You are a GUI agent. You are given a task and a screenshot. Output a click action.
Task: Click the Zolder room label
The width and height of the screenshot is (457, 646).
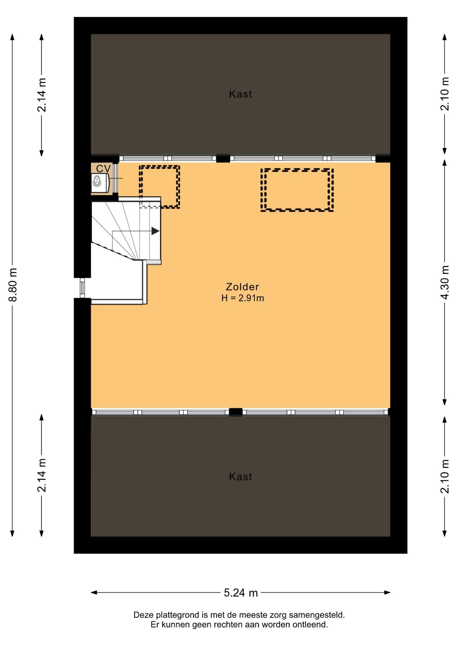(242, 287)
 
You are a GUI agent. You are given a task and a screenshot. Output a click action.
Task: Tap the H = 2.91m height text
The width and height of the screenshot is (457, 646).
(243, 298)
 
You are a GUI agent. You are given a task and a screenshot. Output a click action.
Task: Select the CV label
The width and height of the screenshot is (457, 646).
(103, 169)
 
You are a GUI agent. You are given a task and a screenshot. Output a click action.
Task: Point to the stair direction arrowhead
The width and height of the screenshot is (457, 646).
(155, 231)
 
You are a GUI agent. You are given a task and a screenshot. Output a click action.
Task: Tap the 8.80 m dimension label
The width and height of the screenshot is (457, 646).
(13, 285)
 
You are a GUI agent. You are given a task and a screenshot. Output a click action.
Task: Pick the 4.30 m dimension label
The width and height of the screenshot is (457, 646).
(445, 283)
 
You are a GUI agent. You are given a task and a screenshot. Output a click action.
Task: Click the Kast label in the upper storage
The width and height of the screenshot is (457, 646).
(240, 94)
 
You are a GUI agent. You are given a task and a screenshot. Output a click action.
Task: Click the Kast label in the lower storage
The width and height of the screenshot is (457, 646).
(240, 477)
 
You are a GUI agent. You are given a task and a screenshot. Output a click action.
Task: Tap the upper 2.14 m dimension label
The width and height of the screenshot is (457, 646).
(42, 95)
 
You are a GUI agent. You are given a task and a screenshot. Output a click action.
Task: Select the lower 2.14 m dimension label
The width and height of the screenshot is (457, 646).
(42, 475)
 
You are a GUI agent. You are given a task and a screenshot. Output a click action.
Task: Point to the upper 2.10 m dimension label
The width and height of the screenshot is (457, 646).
(445, 94)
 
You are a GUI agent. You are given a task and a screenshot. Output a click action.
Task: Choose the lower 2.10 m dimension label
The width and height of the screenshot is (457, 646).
(445, 476)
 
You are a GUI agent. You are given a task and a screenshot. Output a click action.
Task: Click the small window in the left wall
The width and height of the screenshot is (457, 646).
(82, 288)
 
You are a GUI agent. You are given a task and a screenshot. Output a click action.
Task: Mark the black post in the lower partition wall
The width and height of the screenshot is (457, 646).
(236, 412)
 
